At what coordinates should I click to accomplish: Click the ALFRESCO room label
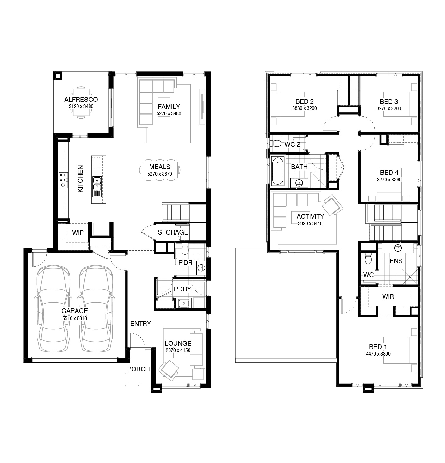[x=81, y=100]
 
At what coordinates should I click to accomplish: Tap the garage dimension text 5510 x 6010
[x=75, y=318]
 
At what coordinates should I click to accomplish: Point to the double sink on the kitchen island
[x=97, y=183]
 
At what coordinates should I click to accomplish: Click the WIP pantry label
[x=78, y=233]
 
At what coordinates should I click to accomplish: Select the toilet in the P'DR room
[x=185, y=249]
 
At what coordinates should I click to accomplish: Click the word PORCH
[x=138, y=369]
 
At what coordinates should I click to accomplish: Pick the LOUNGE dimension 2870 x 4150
[x=178, y=350]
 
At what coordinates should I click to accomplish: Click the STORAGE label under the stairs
[x=173, y=232]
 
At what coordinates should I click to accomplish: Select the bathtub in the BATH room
[x=278, y=171]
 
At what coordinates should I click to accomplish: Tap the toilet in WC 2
[x=276, y=144]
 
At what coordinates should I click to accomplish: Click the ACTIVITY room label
[x=310, y=216]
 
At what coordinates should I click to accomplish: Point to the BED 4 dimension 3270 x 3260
[x=389, y=180]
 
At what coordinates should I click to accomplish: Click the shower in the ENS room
[x=410, y=277]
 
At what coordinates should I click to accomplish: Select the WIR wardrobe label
[x=388, y=296]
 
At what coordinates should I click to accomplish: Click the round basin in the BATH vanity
[x=299, y=182]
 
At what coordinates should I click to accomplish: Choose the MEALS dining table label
[x=159, y=167]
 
